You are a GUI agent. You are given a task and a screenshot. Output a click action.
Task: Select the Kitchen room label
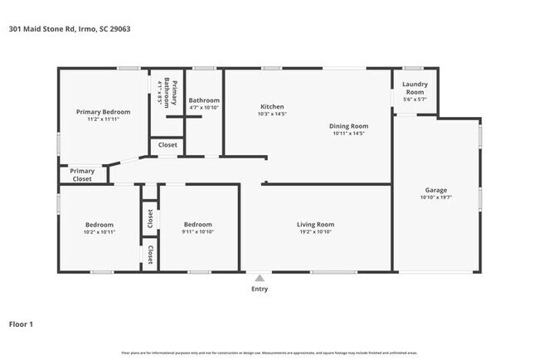(x=272, y=107)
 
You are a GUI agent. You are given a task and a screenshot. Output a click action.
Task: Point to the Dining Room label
(x=349, y=125)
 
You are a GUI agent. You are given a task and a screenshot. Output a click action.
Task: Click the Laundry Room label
(x=415, y=88)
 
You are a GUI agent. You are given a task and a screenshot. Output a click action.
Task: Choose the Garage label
(x=435, y=189)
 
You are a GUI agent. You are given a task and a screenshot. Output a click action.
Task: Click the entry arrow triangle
(x=260, y=279)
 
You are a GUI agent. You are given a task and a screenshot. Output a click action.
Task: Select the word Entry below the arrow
(x=260, y=289)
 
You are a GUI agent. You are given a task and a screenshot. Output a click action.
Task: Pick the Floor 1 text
(x=21, y=324)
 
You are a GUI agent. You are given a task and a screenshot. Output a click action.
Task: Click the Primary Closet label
(x=81, y=175)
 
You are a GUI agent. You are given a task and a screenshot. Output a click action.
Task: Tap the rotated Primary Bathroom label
(x=167, y=93)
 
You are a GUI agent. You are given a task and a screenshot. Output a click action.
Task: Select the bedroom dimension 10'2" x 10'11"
(x=99, y=232)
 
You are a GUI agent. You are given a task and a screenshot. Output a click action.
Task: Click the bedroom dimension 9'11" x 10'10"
(x=197, y=232)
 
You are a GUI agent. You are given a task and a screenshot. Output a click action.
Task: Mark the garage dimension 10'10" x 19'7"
(x=435, y=197)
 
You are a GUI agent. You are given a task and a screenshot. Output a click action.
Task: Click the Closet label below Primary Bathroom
(x=167, y=144)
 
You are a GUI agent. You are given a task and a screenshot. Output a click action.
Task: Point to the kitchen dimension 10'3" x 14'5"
(x=272, y=114)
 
